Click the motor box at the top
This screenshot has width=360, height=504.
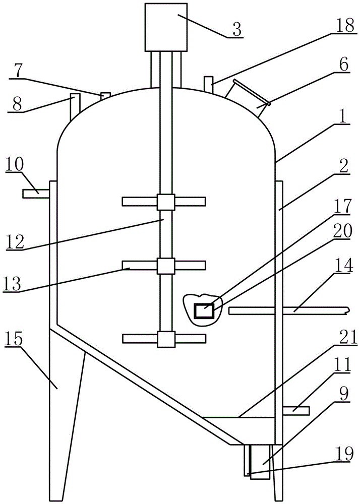[x=166, y=27]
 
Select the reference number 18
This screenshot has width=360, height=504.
[x=345, y=25]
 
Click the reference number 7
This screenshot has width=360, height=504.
[x=18, y=71]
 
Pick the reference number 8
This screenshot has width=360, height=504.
[x=17, y=104]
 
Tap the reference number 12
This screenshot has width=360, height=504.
[x=15, y=242]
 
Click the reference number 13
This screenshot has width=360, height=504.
[x=12, y=284]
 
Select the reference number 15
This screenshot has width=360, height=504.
[x=14, y=339]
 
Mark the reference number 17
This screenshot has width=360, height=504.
[x=343, y=208]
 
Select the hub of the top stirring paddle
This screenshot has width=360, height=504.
[x=166, y=202]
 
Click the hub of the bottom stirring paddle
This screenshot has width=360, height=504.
[x=166, y=339]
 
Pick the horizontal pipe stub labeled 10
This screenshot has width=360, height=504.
[x=36, y=194]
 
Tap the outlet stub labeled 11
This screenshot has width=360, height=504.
[x=296, y=410]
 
